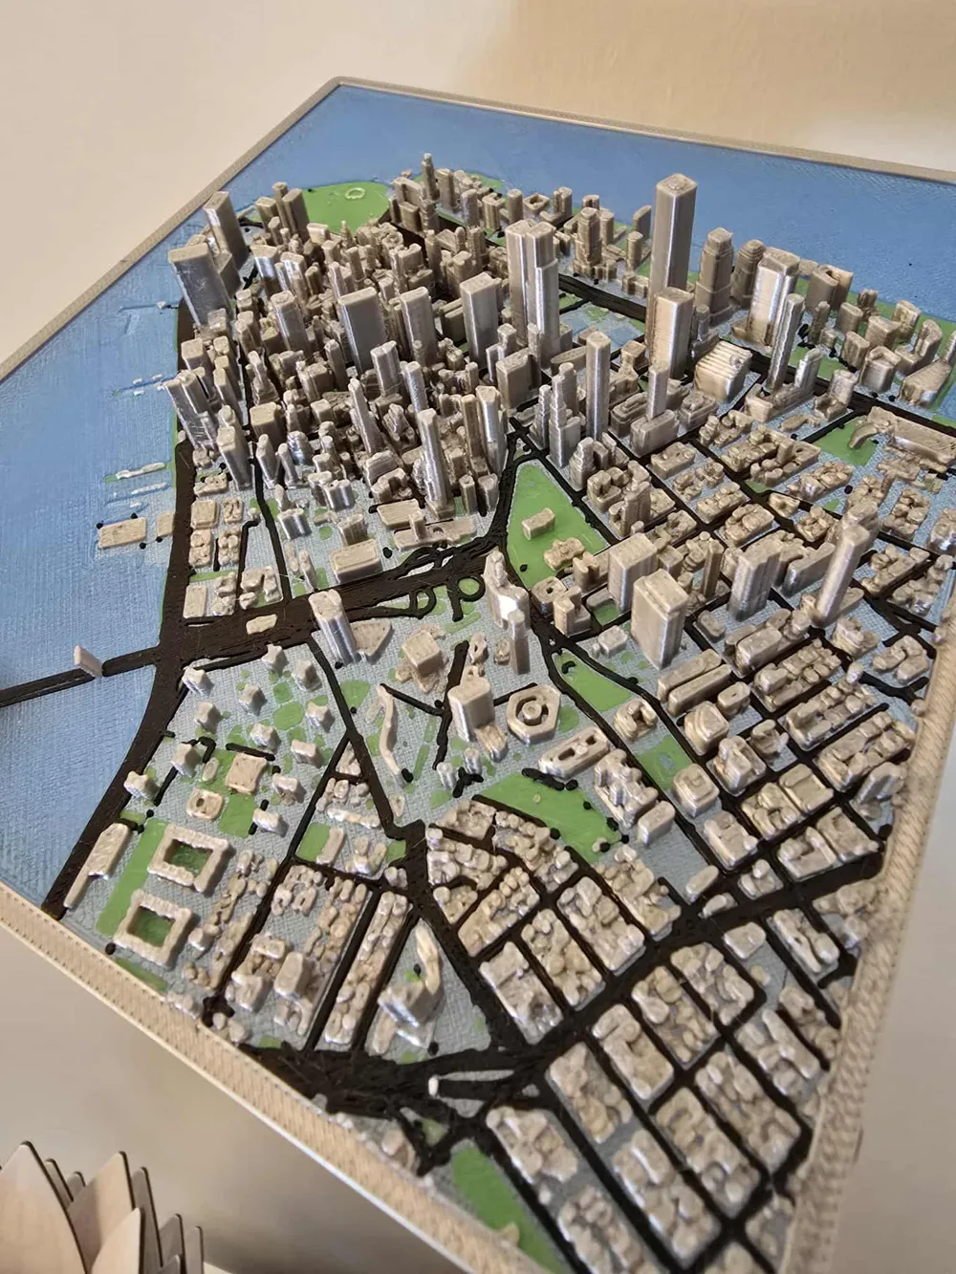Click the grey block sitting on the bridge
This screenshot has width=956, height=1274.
click(85, 660)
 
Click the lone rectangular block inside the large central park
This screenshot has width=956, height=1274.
click(536, 520)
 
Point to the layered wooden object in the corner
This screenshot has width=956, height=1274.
click(96, 1214)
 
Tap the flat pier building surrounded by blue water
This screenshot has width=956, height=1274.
click(119, 531)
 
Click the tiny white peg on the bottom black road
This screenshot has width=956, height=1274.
click(434, 1084)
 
